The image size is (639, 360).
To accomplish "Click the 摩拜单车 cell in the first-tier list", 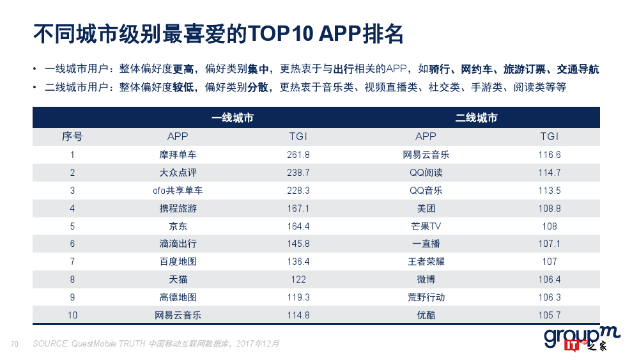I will point(178,155).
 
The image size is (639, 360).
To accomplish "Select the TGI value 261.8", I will point(298,155).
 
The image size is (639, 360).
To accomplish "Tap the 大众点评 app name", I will point(178,173).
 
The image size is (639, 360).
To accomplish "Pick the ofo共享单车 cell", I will point(178,191).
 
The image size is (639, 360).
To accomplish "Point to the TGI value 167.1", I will point(298,208).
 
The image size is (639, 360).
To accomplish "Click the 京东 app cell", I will point(178,226).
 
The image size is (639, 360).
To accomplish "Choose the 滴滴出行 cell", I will point(178,244).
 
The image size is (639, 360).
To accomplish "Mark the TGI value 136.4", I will point(298,262).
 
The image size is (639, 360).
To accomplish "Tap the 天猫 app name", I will point(178,279).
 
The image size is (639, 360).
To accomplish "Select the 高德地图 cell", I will point(178,297).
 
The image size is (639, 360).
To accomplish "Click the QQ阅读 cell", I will point(426,173).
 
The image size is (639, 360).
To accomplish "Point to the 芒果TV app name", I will point(426,226).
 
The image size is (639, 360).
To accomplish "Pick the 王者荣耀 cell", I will point(426,262).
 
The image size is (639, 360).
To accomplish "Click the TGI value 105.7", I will point(550,315).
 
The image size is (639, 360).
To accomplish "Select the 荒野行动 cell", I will point(426,297).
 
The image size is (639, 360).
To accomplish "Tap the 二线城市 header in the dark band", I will point(476,118).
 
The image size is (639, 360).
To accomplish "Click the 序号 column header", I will point(72,136).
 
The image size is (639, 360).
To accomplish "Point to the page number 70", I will point(15,344).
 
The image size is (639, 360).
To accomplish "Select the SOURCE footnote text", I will point(156,344).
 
